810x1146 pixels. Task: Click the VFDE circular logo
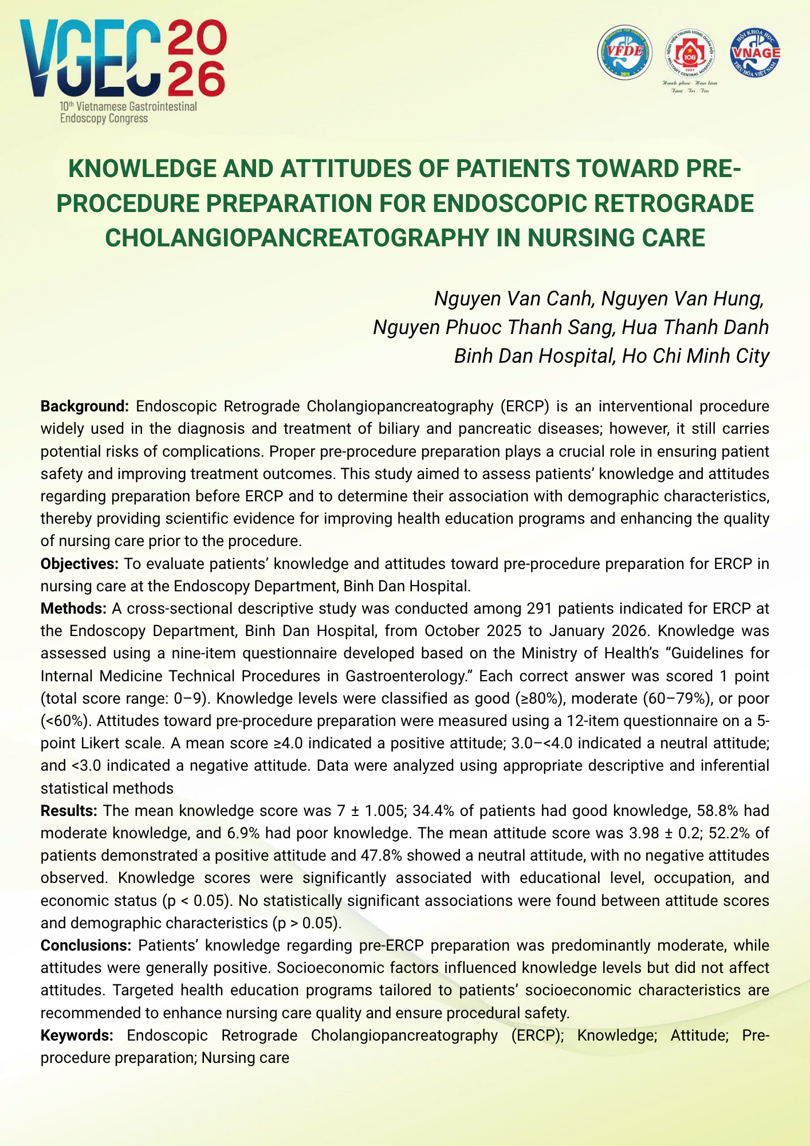point(625,53)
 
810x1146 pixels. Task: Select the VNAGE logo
point(754,53)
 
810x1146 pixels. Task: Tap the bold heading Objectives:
point(79,564)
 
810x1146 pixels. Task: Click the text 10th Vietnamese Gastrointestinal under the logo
point(128,107)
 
